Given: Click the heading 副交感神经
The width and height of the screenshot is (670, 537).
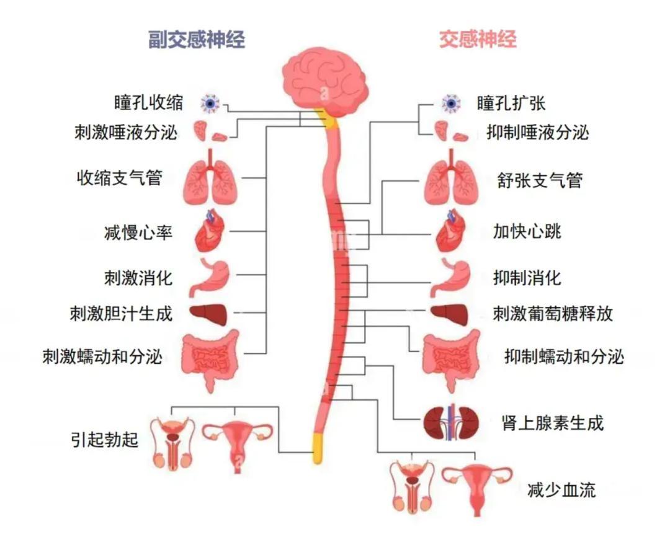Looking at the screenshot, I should (197, 40).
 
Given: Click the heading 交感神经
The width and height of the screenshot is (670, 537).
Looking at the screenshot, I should (478, 40).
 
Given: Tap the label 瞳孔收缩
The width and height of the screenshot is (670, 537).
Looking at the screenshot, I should (149, 102).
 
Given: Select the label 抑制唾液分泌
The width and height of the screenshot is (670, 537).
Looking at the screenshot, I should (538, 132).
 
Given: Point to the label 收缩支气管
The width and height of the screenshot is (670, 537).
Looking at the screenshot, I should (119, 179).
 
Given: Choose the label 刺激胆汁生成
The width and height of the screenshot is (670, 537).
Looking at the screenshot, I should (120, 314).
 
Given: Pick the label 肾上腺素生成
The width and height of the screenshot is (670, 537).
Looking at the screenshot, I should (552, 424).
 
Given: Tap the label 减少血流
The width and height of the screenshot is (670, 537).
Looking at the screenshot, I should (561, 490).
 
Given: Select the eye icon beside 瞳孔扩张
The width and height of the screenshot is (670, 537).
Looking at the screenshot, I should (451, 103).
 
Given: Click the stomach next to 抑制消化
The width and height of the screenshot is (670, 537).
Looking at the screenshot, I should (455, 277).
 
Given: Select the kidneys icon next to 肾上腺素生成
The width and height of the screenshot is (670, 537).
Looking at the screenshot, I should (451, 425).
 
